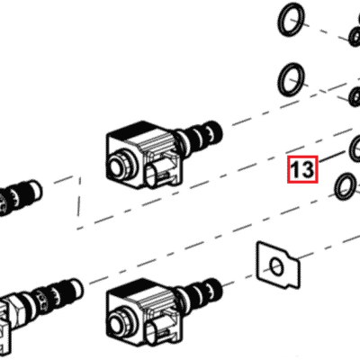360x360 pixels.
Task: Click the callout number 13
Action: (x=302, y=168)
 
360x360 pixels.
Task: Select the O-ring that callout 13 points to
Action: (x=356, y=146)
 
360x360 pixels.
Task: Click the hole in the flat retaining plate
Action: (x=277, y=265)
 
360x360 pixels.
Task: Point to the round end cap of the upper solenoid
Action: (x=116, y=166)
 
